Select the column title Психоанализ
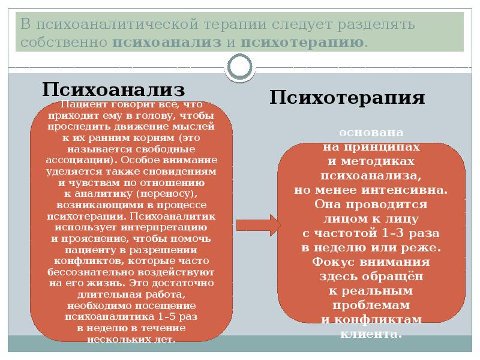[113, 90]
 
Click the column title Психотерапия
[347, 98]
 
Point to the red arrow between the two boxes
[258, 225]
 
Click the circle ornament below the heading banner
[240, 66]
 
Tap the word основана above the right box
[370, 132]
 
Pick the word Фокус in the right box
[330, 262]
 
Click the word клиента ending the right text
[370, 334]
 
